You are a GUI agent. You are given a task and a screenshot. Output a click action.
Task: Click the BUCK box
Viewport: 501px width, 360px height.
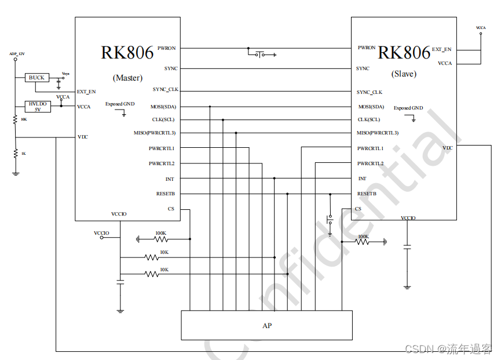pos(36,78)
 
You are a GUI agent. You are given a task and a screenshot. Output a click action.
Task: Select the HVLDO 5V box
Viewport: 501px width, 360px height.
pos(38,106)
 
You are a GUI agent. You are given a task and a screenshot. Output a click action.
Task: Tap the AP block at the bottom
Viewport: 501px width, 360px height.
pos(266,325)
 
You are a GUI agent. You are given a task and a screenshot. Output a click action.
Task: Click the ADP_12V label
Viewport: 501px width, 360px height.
pos(17,54)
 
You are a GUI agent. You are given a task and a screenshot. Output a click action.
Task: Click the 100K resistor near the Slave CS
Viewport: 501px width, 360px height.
pos(363,242)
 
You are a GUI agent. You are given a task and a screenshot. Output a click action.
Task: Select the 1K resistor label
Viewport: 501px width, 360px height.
pos(23,154)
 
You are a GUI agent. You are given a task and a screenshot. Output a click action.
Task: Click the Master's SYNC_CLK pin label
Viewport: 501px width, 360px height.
pos(166,90)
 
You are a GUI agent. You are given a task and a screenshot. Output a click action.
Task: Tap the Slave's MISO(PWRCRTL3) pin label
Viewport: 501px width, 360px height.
pos(378,133)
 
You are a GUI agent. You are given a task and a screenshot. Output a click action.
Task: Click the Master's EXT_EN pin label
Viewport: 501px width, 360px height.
pos(86,92)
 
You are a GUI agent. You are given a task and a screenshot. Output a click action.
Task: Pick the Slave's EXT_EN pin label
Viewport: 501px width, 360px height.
pos(441,49)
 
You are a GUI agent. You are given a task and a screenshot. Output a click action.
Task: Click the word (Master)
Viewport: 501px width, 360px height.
pos(127,78)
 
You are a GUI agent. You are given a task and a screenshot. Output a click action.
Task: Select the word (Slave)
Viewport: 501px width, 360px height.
pos(404,74)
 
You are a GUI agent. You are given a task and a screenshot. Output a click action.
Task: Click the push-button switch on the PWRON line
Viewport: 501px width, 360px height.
pos(261,54)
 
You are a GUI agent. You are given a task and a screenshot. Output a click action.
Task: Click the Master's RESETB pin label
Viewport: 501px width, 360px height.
pos(165,194)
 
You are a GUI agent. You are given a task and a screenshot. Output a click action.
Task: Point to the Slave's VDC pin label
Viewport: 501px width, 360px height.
pos(447,148)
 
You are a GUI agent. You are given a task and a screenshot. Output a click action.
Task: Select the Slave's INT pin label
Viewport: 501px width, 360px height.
pos(362,179)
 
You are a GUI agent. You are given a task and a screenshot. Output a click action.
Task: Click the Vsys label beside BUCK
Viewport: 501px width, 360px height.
pos(65,74)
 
